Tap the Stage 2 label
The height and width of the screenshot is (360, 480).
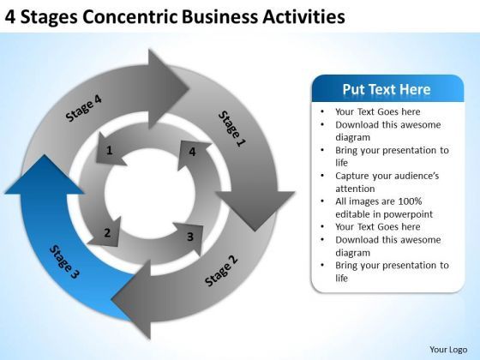tap(222, 270)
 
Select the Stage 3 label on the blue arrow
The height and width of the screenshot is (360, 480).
tap(64, 262)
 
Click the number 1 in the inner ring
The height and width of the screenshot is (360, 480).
tap(109, 151)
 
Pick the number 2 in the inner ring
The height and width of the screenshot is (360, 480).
tap(107, 232)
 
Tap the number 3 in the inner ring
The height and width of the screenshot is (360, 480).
tap(189, 237)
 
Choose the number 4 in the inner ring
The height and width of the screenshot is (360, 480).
tap(192, 152)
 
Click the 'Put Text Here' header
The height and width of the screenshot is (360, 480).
tap(387, 90)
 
